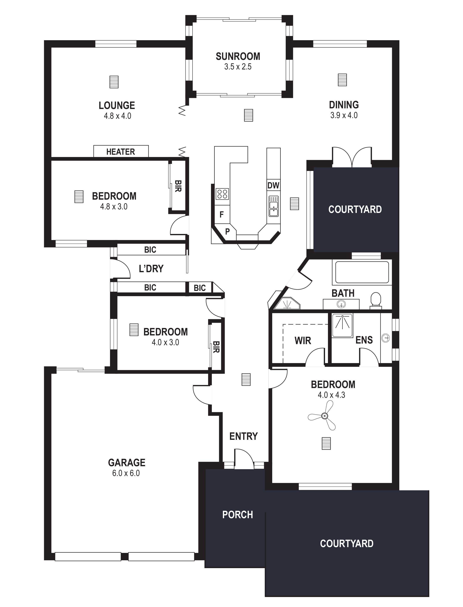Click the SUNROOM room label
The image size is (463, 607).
(x=238, y=57)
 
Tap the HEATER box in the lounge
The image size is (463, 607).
(x=121, y=151)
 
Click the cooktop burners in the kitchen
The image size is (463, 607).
(x=222, y=193)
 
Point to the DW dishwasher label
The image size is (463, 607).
(x=273, y=185)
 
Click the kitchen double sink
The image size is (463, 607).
(x=274, y=206)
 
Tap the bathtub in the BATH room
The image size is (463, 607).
(x=362, y=272)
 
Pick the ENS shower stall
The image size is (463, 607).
(x=342, y=325)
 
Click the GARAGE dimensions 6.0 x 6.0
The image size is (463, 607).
(x=126, y=473)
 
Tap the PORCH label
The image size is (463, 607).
(x=238, y=515)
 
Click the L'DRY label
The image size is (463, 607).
(x=151, y=268)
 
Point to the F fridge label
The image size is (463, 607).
(x=222, y=215)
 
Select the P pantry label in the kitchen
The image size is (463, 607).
(x=227, y=232)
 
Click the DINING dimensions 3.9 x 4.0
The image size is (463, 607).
(x=344, y=115)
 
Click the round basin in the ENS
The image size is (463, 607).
(x=385, y=338)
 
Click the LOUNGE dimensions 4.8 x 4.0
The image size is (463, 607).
(x=117, y=116)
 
